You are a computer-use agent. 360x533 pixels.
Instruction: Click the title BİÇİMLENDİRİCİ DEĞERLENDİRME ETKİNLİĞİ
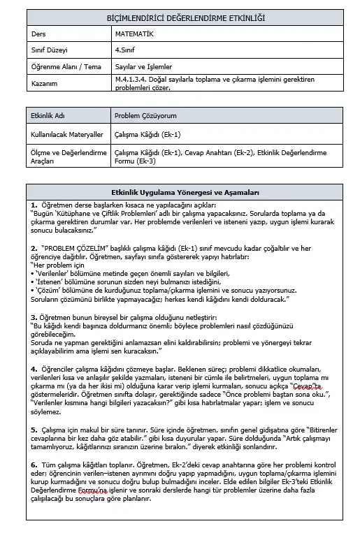tap(180, 18)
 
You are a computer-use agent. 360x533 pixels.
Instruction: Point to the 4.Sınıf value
tap(127, 51)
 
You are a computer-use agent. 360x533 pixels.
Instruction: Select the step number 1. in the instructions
tap(34, 204)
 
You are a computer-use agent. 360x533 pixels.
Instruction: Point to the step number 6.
tap(34, 463)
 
